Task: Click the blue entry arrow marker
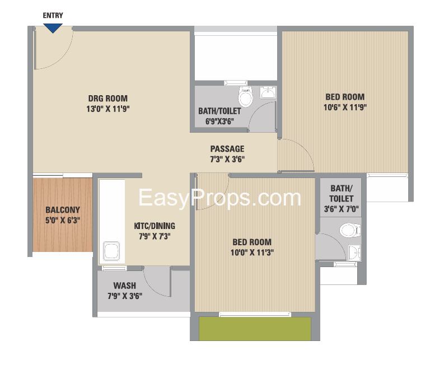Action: click(53, 29)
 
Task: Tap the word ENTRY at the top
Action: click(53, 15)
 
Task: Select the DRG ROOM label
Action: click(108, 98)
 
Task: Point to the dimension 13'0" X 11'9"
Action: click(108, 109)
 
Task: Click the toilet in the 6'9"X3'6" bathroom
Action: click(245, 96)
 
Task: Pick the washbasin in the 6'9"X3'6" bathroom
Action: click(268, 92)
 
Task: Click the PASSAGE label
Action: click(227, 149)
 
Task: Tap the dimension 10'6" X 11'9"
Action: click(345, 108)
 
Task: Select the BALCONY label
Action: click(63, 210)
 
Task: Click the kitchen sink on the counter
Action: click(111, 251)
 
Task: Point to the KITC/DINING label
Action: click(155, 226)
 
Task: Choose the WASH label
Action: click(125, 286)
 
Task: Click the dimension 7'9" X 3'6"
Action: click(125, 296)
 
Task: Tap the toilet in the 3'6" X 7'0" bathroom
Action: click(350, 230)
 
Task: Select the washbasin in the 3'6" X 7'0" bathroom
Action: click(354, 253)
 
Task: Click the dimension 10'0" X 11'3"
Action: click(252, 253)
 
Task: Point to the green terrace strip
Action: click(255, 329)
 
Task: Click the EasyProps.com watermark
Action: click(219, 198)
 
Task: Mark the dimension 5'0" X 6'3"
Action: click(63, 220)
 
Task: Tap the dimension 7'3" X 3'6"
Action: click(227, 159)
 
